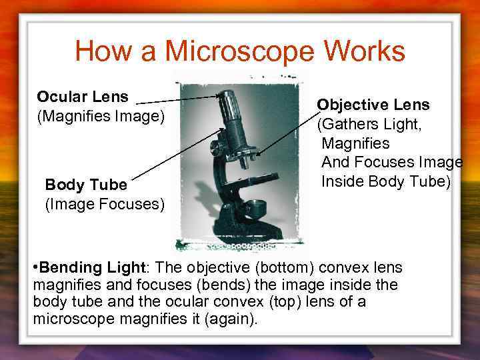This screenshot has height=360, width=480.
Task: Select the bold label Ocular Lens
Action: [x=83, y=97]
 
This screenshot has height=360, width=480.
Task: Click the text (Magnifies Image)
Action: [x=100, y=117]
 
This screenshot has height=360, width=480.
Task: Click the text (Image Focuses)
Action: [x=104, y=203]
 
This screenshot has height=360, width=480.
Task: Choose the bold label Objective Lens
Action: [x=373, y=105]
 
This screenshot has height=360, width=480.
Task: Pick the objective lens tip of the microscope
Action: [x=246, y=159]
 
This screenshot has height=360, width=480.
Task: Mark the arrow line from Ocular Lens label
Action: [x=177, y=99]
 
